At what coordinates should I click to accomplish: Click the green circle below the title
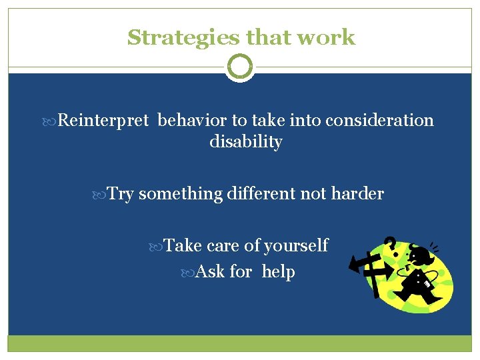240,67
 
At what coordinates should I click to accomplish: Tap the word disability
245,142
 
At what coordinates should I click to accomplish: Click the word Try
121,194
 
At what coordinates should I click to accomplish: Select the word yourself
296,246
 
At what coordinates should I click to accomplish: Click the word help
279,272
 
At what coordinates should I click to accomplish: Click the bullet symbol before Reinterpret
53,121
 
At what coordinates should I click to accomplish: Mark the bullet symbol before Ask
189,273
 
